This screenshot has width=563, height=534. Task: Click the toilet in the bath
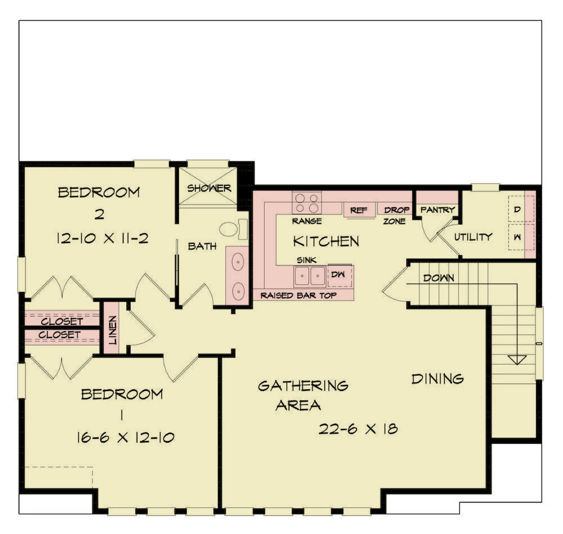233,229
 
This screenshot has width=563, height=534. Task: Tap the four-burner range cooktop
306,203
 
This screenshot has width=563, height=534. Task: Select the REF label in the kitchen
358,210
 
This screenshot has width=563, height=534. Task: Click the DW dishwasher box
340,275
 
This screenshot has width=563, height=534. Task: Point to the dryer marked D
521,209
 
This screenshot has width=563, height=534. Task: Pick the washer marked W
521,237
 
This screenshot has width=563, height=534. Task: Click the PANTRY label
437,210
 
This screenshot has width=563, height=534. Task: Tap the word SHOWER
209,188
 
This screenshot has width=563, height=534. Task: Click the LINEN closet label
113,330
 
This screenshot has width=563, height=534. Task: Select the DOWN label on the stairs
438,278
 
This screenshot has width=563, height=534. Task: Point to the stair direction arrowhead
517,360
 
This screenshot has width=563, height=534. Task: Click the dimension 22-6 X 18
358,428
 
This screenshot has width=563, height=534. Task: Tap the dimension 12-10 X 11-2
102,238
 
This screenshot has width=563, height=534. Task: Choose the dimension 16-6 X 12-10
125,437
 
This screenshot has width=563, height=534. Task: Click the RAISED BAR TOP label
298,295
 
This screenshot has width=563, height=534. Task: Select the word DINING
438,379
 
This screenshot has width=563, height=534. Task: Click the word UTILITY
473,237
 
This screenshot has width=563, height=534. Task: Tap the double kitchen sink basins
310,276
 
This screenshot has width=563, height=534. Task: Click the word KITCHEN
326,241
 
